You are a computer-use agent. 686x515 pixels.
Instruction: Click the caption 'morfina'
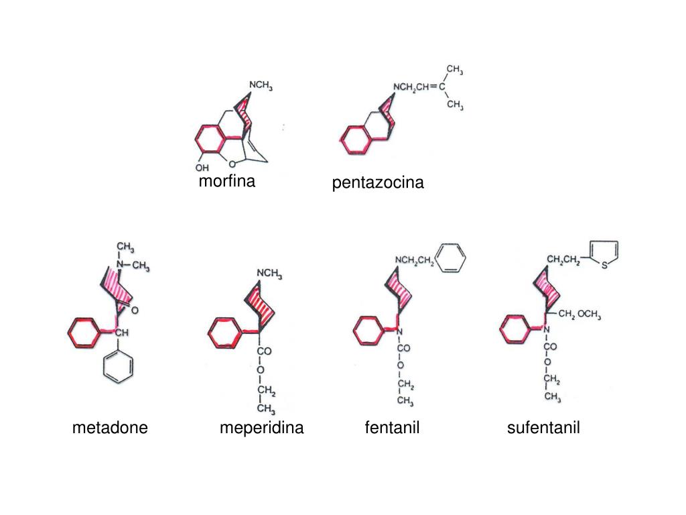pyautogui.click(x=226, y=181)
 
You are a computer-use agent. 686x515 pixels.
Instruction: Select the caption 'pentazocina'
pyautogui.click(x=378, y=182)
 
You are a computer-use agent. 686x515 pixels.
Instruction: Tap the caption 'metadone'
pyautogui.click(x=110, y=427)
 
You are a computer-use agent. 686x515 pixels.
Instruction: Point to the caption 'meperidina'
pyautogui.click(x=261, y=427)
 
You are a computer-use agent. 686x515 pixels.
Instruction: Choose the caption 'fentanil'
pyautogui.click(x=392, y=427)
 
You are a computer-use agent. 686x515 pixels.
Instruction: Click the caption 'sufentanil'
pyautogui.click(x=543, y=427)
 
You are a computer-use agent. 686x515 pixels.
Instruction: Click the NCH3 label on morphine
pyautogui.click(x=261, y=87)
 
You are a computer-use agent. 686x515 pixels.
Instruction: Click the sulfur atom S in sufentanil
pyautogui.click(x=604, y=266)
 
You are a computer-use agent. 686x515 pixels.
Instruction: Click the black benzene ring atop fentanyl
pyautogui.click(x=450, y=257)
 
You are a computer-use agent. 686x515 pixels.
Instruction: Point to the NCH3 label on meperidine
pyautogui.click(x=269, y=274)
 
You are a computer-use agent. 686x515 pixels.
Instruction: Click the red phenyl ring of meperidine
pyautogui.click(x=221, y=332)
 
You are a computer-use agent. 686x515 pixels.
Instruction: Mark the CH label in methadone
pyautogui.click(x=121, y=333)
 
